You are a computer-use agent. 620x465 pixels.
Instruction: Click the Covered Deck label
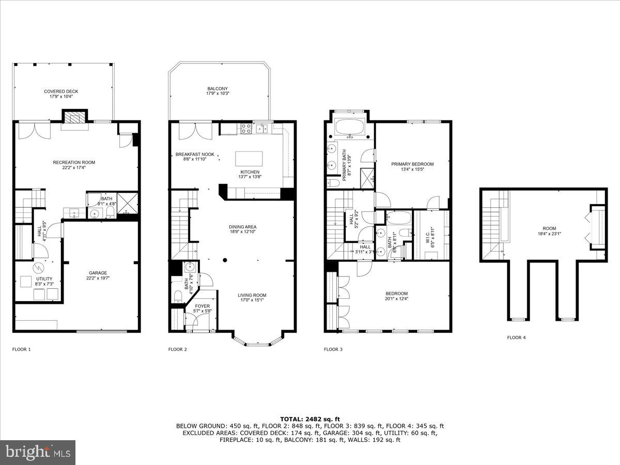click(x=61, y=91)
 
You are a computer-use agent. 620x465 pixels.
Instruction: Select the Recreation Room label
click(x=74, y=162)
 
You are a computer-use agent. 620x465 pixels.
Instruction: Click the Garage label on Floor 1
click(x=98, y=273)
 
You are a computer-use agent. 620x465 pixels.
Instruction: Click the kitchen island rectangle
click(x=249, y=158)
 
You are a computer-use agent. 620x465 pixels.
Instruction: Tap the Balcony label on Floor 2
click(x=218, y=89)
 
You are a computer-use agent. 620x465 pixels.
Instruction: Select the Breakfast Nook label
click(x=195, y=154)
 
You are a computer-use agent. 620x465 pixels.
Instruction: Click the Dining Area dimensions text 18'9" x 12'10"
click(x=243, y=233)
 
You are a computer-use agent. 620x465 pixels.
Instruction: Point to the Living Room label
click(x=252, y=296)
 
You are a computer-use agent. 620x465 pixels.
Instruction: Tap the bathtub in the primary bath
click(x=350, y=127)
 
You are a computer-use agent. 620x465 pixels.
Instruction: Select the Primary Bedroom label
click(x=412, y=164)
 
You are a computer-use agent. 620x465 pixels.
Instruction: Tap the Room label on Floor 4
click(x=549, y=228)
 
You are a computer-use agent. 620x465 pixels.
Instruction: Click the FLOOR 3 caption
click(x=333, y=349)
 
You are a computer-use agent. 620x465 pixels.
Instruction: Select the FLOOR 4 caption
click(x=516, y=338)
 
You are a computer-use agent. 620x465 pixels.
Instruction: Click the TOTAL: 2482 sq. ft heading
click(x=310, y=419)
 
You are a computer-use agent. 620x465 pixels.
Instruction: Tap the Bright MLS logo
click(x=38, y=453)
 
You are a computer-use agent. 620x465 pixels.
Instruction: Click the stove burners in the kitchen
click(x=245, y=128)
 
